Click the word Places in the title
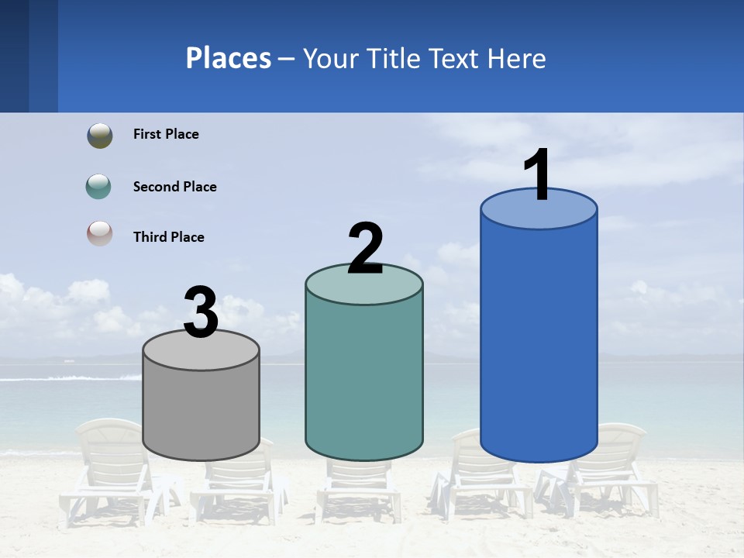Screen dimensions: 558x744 pyautogui.click(x=229, y=58)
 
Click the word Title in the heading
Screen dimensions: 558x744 pyautogui.click(x=394, y=58)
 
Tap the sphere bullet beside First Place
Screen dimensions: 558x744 pyautogui.click(x=100, y=135)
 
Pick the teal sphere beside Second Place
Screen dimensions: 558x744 pyautogui.click(x=99, y=187)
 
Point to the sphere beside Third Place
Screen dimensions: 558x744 pyautogui.click(x=100, y=233)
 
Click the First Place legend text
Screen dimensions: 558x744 pyautogui.click(x=166, y=134)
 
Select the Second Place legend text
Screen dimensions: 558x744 pyautogui.click(x=174, y=187)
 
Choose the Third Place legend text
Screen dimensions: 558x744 pyautogui.click(x=168, y=237)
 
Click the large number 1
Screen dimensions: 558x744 pyautogui.click(x=538, y=175)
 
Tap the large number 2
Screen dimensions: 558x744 pyautogui.click(x=365, y=249)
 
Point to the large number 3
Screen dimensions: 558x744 pyautogui.click(x=201, y=312)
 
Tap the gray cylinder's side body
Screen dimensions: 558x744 pyautogui.click(x=201, y=415)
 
